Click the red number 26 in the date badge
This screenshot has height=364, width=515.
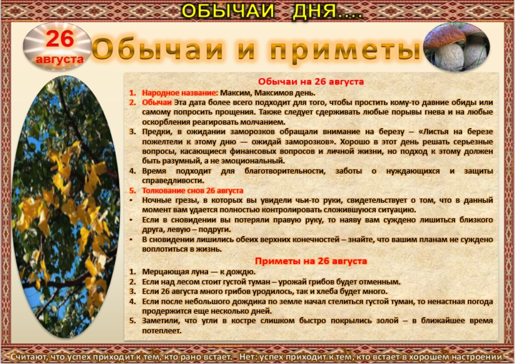coord(60,40)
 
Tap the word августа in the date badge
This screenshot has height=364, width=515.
coord(60,59)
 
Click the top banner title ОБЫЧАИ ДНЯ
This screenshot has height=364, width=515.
coord(271,11)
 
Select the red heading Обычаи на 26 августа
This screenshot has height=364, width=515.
coord(311,81)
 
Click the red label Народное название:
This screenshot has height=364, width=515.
coord(180,93)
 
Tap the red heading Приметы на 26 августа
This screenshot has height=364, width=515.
coord(311,261)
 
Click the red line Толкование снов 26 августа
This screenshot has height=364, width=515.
coord(193,190)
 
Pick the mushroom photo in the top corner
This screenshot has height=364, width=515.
coord(457,47)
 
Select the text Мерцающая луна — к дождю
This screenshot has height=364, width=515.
coord(199,272)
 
